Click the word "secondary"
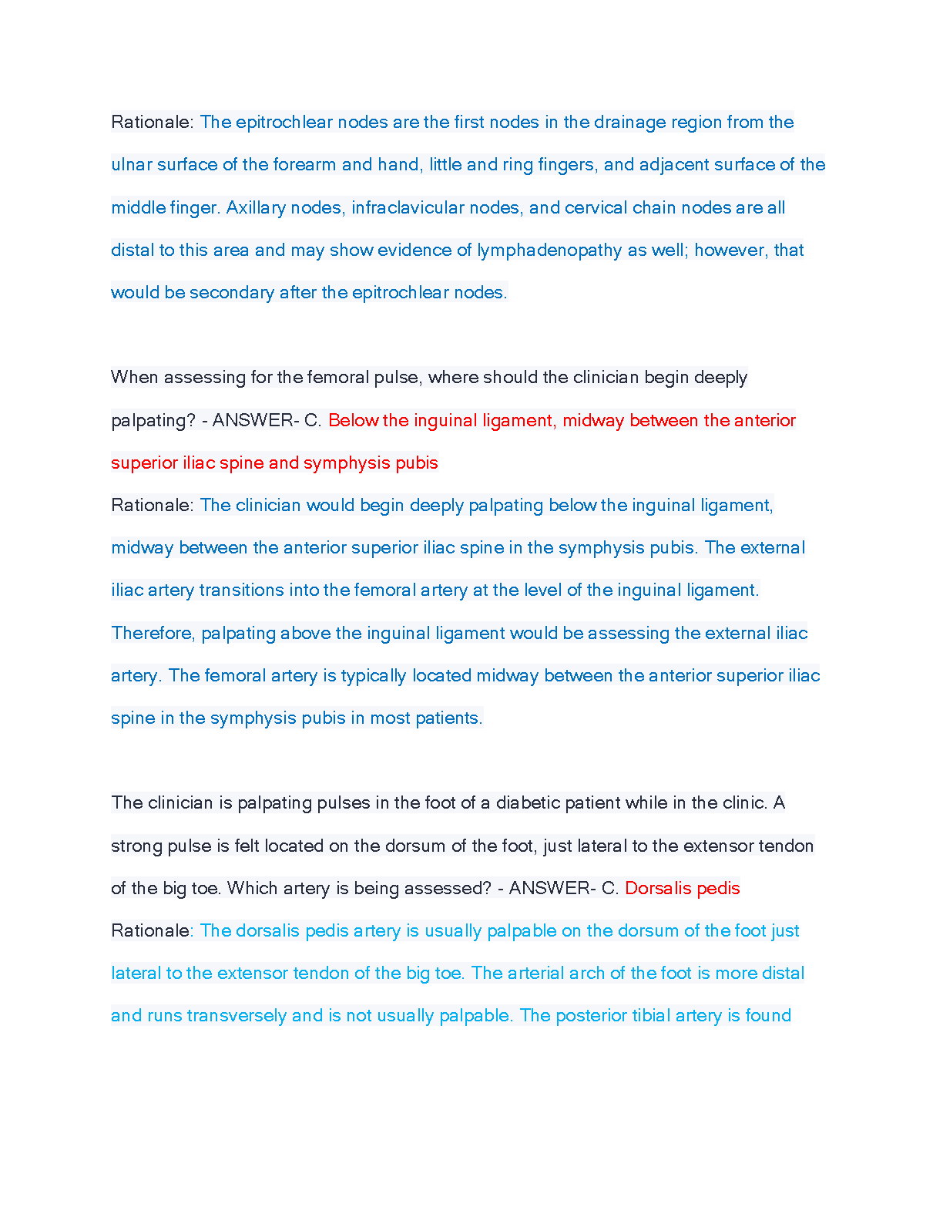tap(231, 293)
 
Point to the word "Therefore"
tap(153, 634)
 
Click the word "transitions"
tap(241, 590)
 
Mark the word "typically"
tap(374, 676)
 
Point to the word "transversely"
tap(237, 1016)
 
